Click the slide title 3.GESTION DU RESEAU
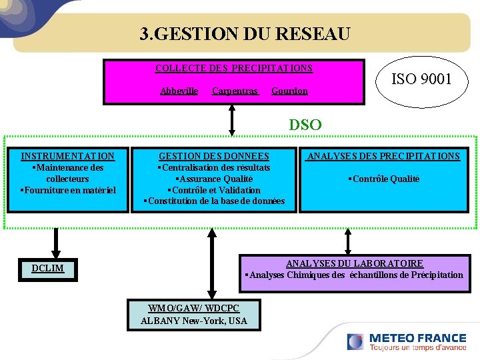245,34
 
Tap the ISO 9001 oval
421,79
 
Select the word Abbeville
179,91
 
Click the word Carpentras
235,91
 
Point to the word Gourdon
289,91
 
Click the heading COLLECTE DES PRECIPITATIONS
234,68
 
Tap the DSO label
305,125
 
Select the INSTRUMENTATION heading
67,156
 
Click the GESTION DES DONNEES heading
214,156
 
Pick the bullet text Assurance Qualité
214,179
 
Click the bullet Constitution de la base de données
214,201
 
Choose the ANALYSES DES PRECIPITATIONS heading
383,156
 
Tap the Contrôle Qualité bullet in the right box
383,179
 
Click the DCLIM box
47,268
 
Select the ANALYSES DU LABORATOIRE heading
355,263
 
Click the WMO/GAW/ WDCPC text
194,308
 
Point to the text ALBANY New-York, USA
194,321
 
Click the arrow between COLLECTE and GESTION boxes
232,122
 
